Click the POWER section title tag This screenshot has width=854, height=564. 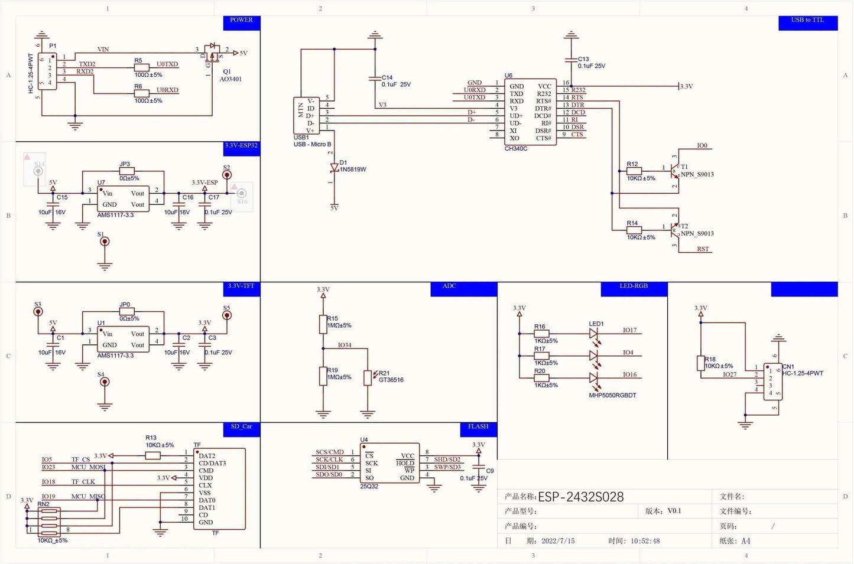tap(241, 21)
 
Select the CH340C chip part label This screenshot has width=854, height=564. tap(515, 149)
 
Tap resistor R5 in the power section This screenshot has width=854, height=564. tap(141, 68)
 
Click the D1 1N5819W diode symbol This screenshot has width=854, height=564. tap(334, 168)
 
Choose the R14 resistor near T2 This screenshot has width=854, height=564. tap(634, 230)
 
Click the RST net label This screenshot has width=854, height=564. tap(703, 249)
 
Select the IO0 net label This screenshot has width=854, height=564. tap(702, 146)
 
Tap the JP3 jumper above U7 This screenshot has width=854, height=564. tap(126, 171)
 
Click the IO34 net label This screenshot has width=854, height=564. tap(345, 345)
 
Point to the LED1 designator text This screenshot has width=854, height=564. tap(596, 324)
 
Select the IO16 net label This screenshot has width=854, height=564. tap(629, 375)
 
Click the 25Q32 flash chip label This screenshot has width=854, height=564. tap(369, 487)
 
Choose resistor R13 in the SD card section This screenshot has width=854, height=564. tap(152, 455)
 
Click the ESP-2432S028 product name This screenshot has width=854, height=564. tap(580, 497)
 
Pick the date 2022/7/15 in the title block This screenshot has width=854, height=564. tap(558, 541)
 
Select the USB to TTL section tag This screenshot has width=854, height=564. tap(807, 21)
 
